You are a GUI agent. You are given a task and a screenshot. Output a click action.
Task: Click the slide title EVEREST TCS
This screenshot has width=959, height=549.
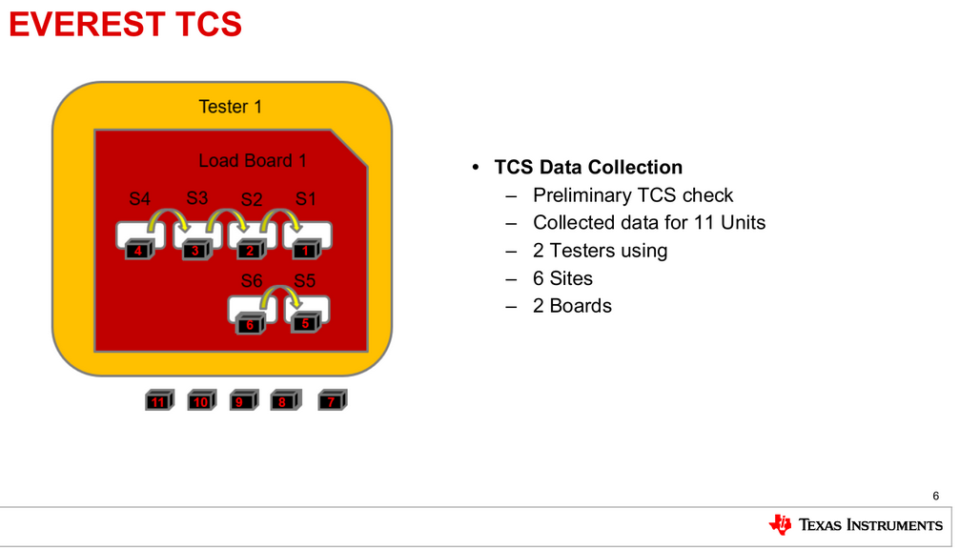click(125, 24)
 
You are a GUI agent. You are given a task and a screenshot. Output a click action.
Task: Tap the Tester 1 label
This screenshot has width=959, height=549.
click(230, 107)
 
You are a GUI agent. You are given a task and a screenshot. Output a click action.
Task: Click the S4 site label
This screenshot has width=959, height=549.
click(140, 199)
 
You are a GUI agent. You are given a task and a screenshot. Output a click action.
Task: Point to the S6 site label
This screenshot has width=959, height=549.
click(252, 281)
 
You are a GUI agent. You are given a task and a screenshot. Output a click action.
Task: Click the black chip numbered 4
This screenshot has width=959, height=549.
click(139, 251)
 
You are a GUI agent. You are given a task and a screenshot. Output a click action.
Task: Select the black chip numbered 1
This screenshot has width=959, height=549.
click(306, 251)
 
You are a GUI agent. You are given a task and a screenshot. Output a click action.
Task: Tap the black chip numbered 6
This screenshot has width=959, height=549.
click(251, 324)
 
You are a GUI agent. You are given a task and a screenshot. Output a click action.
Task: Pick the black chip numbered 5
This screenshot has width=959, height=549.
click(306, 323)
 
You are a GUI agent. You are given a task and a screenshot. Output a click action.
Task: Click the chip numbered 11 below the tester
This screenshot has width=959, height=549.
click(158, 401)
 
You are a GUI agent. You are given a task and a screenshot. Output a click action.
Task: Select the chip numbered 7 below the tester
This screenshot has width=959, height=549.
click(332, 401)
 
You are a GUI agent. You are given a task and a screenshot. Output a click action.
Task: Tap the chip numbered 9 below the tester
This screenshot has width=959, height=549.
click(242, 401)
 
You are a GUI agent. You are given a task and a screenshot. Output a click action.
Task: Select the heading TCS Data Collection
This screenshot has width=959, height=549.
click(588, 168)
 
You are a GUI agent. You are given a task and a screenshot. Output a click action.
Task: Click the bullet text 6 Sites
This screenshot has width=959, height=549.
click(562, 278)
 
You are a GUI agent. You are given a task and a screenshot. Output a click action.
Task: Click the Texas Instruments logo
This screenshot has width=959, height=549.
click(855, 524)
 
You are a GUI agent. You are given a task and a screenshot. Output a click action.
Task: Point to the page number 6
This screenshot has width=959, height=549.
click(935, 496)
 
